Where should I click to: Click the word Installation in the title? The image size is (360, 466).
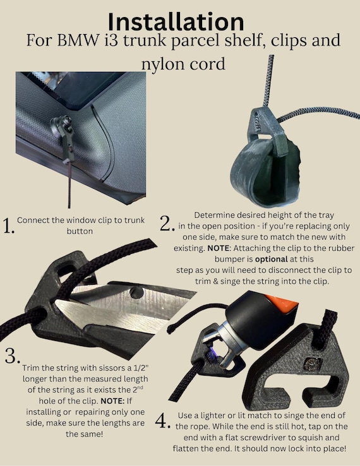176,21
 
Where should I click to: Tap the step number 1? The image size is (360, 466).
8,226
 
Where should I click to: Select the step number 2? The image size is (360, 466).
167,224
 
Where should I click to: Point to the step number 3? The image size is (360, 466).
12,355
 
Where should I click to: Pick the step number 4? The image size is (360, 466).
162,421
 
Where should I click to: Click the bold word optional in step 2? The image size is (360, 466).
272,259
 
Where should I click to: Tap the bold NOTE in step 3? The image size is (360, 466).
112,401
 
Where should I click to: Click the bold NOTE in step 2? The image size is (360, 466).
219,248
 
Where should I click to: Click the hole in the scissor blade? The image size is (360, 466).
137,292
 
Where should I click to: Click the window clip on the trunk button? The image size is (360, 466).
64,137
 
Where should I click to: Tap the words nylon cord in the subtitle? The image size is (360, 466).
183,64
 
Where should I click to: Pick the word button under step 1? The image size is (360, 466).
80,231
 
